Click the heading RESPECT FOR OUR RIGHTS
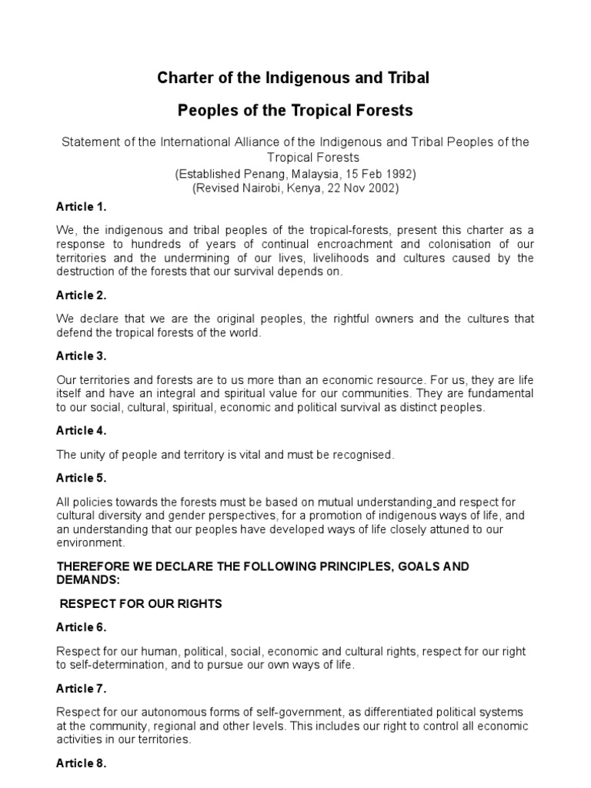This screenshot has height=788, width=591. (141, 604)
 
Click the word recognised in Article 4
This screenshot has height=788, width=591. (363, 455)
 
